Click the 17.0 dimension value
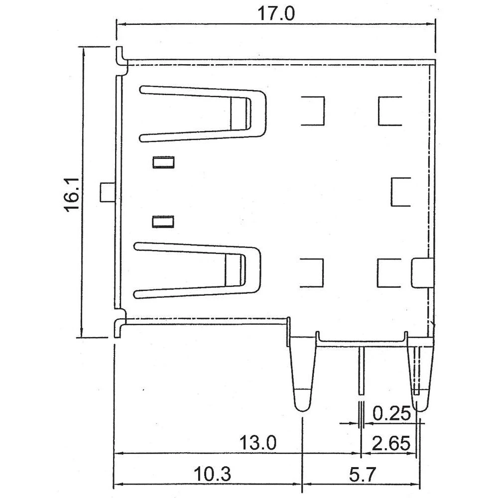pyautogui.click(x=275, y=13)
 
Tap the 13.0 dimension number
pyautogui.click(x=257, y=442)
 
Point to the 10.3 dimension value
pyautogui.click(x=213, y=474)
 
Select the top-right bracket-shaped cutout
pyautogui.click(x=389, y=111)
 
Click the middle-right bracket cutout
pyautogui.click(x=400, y=192)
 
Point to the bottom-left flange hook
pyautogui.click(x=120, y=329)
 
